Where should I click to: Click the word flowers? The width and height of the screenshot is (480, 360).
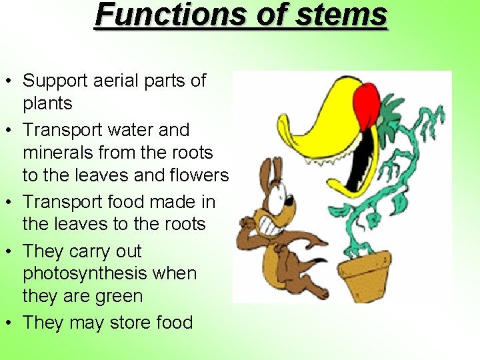click(x=199, y=175)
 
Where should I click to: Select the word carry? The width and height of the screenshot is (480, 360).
click(x=92, y=252)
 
